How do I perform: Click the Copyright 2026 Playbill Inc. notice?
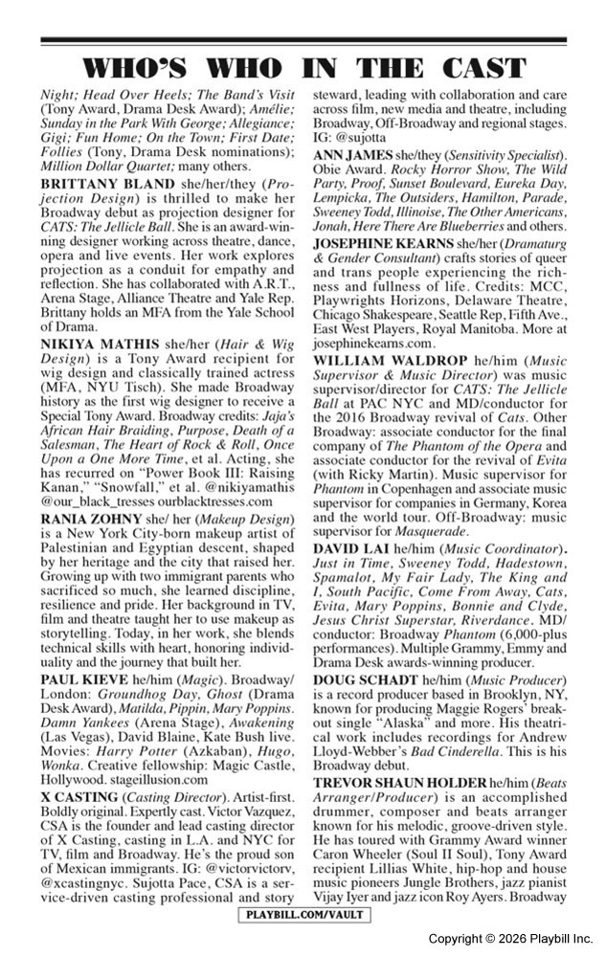click(510, 939)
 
